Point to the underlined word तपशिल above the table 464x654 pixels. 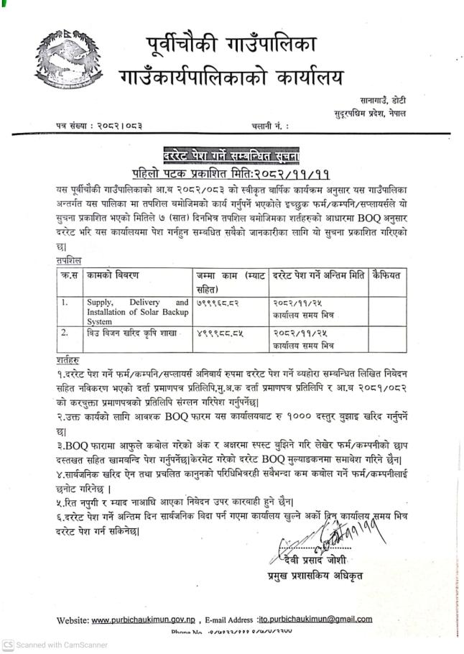(68, 260)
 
